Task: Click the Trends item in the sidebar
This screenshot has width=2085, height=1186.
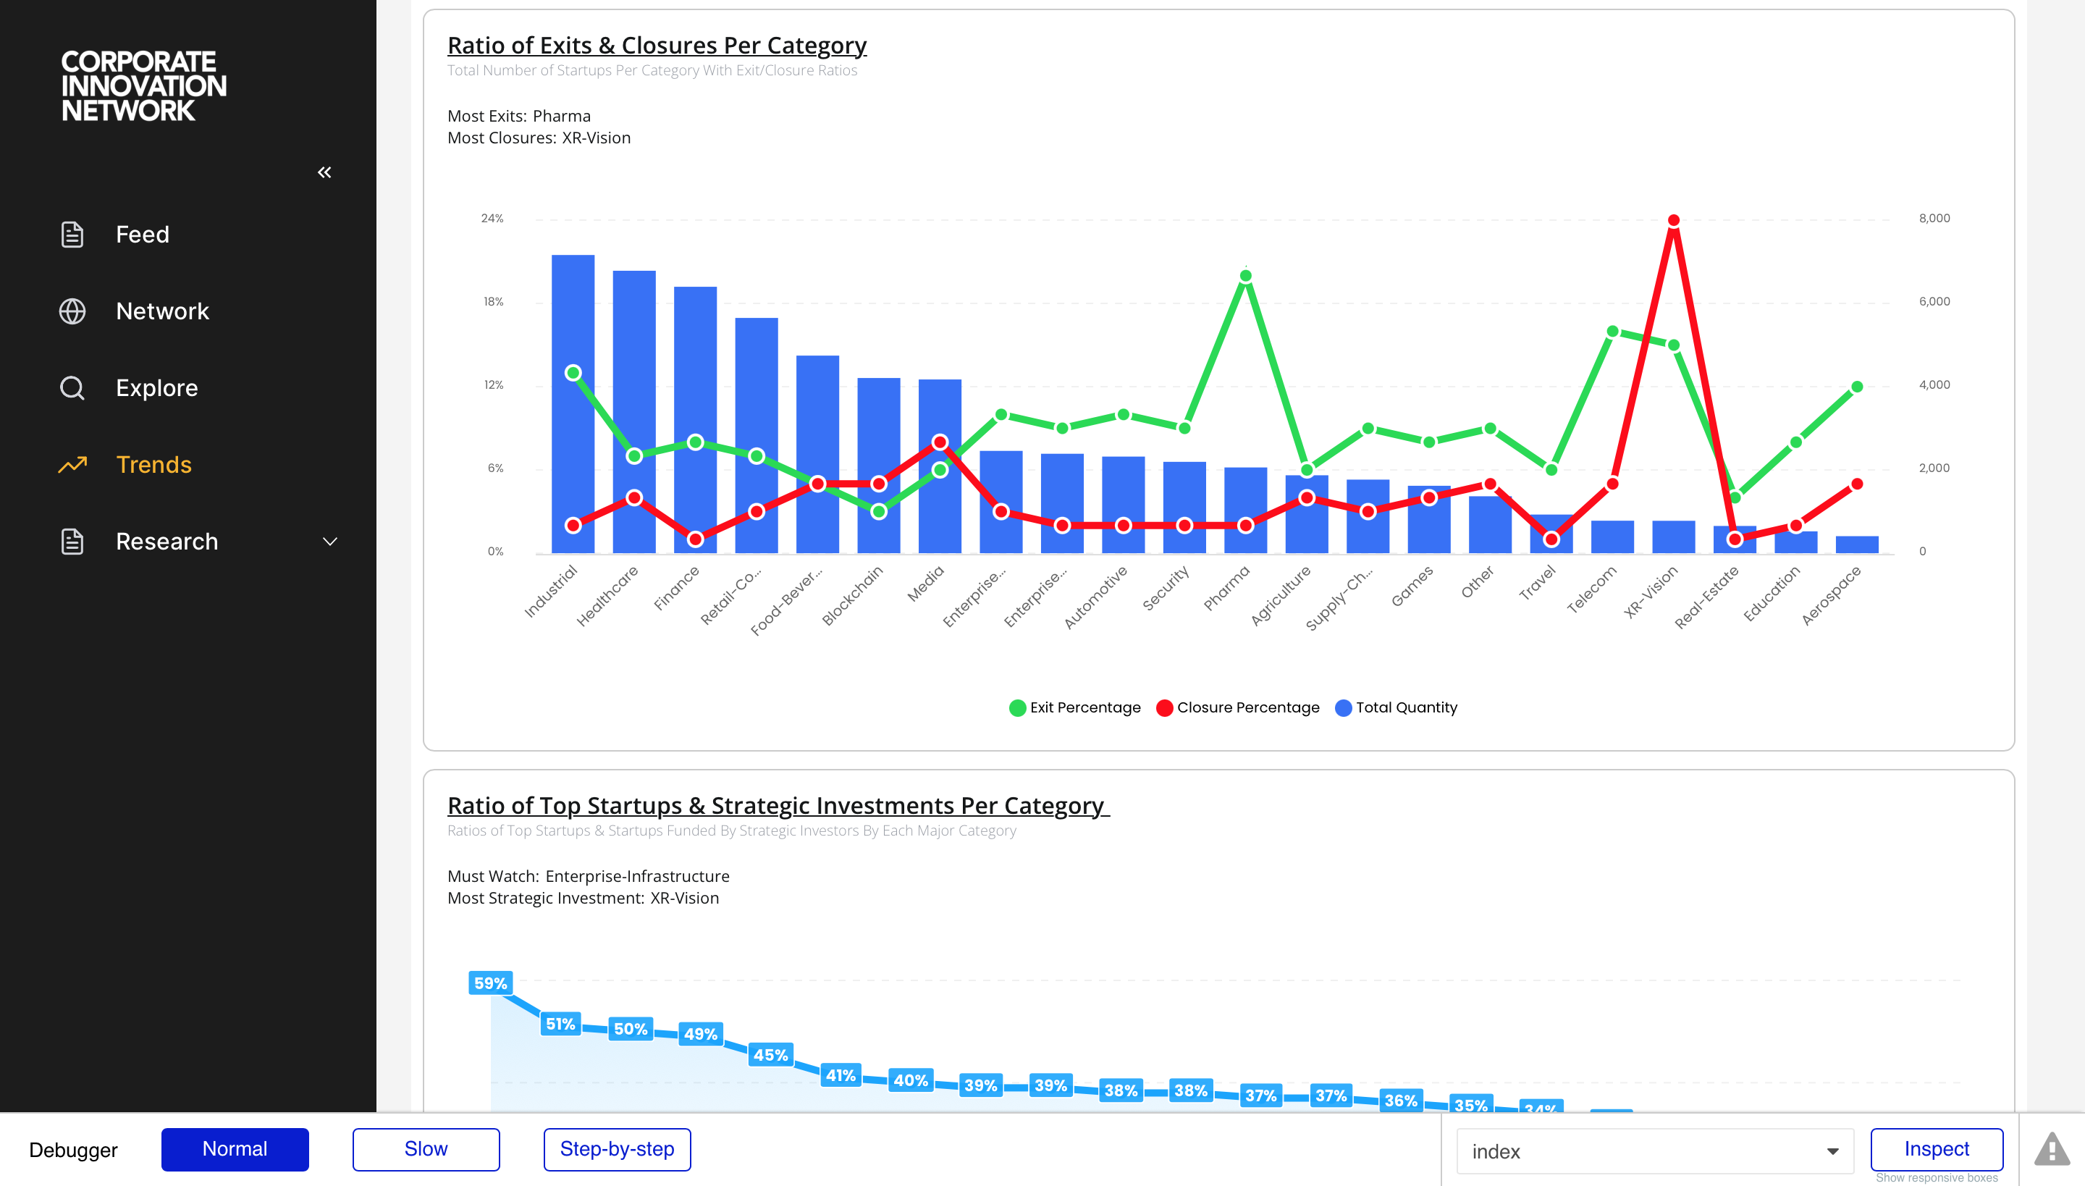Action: pos(153,464)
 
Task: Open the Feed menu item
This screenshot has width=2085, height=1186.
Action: pos(142,235)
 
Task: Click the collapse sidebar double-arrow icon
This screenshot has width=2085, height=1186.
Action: pos(324,172)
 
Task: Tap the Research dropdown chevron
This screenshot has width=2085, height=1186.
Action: pos(330,542)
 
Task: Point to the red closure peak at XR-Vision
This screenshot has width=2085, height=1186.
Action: pos(1674,221)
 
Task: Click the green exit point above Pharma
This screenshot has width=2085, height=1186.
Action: pos(1245,277)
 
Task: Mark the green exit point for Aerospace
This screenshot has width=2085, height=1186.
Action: pos(1857,387)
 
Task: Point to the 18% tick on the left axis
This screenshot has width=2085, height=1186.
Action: pos(494,302)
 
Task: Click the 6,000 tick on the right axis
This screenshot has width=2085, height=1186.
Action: pos(1934,302)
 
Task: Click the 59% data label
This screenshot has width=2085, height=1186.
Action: pos(490,983)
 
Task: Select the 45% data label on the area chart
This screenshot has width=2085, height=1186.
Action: pos(770,1055)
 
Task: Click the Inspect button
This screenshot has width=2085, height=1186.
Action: pos(1936,1149)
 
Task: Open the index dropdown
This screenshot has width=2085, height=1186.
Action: pos(1654,1151)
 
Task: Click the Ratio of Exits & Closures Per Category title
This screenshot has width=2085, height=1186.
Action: pos(657,46)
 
